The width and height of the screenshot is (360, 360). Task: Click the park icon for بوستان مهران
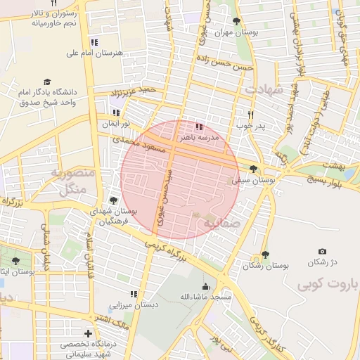pos(236,21)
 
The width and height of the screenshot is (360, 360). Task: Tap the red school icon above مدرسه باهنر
pos(199,127)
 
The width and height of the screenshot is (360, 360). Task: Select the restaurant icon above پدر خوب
pos(250,115)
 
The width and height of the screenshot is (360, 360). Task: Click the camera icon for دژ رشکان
pos(322,251)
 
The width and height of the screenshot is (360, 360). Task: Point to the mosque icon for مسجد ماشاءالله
pos(205,286)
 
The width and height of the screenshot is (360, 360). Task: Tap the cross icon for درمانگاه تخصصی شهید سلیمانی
pos(88,333)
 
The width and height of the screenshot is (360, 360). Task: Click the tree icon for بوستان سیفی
pos(253,169)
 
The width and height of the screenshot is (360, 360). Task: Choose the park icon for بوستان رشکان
pos(265,255)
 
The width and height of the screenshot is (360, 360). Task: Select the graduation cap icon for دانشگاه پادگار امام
pos(47,82)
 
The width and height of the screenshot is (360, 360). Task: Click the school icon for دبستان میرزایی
pos(134,294)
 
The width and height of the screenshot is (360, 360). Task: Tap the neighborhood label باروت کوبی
pos(327,284)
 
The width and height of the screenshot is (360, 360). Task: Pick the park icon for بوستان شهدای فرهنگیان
pos(113,200)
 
